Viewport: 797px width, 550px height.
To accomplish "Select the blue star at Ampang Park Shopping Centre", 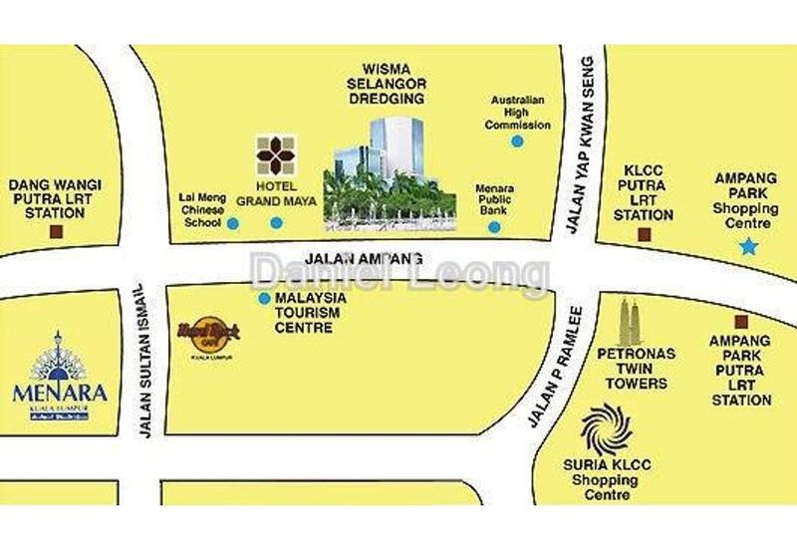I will [748, 245].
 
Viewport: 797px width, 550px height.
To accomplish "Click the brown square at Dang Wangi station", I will [56, 232].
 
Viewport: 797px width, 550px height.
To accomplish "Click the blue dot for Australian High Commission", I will [517, 142].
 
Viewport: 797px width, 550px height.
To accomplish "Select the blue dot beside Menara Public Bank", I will [494, 227].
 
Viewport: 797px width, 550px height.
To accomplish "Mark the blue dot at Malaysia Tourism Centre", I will [264, 298].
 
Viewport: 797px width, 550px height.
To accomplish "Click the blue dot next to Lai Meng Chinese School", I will [232, 224].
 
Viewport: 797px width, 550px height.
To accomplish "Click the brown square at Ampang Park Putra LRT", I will [740, 321].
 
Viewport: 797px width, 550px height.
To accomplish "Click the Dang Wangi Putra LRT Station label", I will [47, 199].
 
